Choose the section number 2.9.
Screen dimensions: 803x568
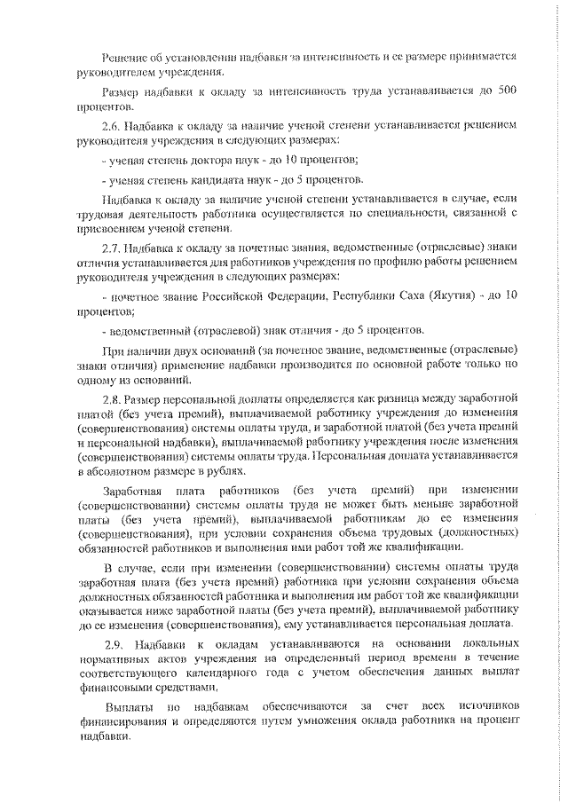[x=114, y=642]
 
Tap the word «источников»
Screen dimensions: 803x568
[x=485, y=707]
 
